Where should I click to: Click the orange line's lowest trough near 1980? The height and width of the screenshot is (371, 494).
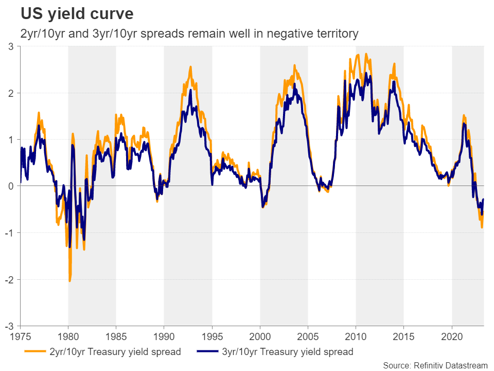[69, 281]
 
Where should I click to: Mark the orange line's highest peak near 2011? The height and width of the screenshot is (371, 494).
[366, 54]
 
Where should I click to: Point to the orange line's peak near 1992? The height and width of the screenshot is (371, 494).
[190, 66]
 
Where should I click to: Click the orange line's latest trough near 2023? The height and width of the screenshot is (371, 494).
[482, 227]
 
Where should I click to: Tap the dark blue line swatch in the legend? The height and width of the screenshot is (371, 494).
[205, 352]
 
